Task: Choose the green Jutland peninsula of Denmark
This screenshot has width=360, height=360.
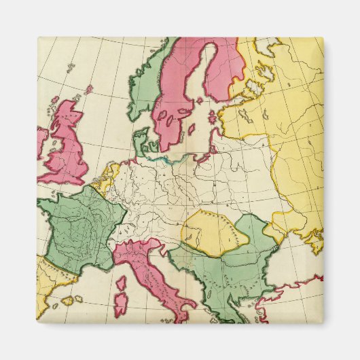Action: tap(140, 141)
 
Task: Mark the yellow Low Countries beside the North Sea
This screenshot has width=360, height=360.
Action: tap(108, 178)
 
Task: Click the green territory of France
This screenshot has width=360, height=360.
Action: tap(78, 228)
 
